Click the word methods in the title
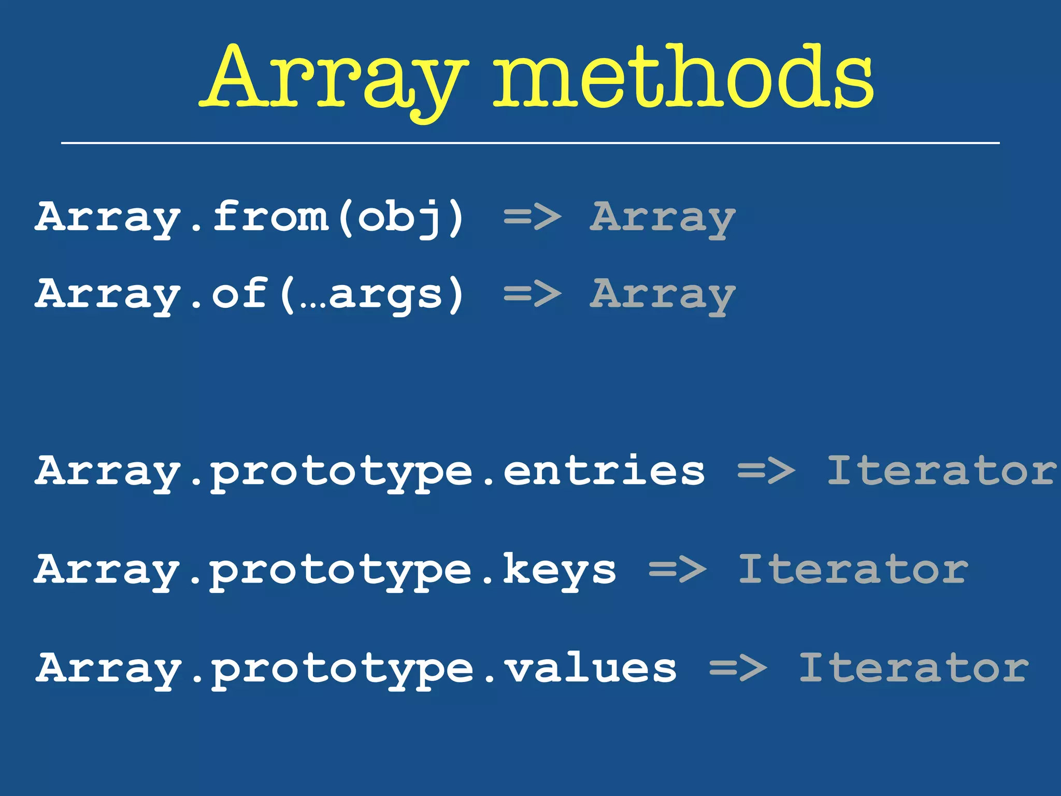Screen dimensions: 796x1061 (x=683, y=78)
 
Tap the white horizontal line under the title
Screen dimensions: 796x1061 (x=530, y=143)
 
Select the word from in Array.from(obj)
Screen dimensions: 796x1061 (x=270, y=217)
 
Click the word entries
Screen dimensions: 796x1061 (x=604, y=471)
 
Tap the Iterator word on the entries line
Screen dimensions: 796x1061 (x=940, y=471)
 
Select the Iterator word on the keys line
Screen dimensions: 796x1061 (x=853, y=569)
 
